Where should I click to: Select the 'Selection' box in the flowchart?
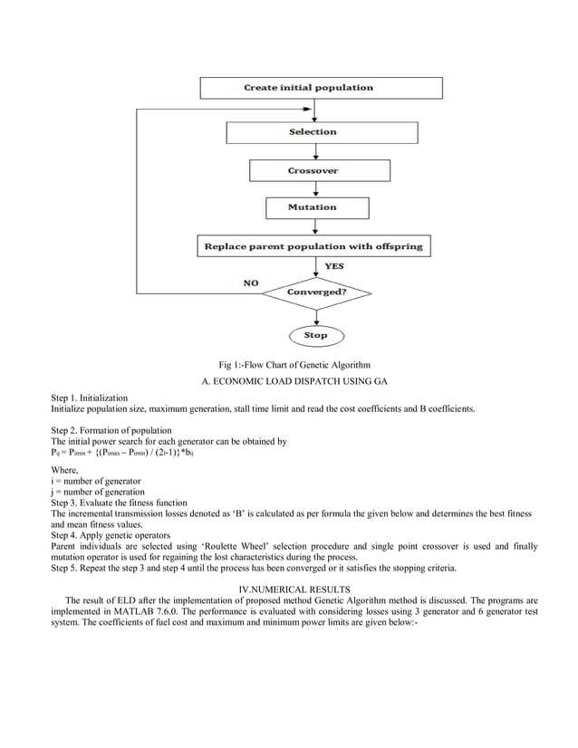click(x=312, y=132)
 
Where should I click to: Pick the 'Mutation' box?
click(x=312, y=207)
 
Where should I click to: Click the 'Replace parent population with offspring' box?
click(x=312, y=245)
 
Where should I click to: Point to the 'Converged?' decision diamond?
click(x=315, y=292)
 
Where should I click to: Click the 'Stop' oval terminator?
click(x=315, y=335)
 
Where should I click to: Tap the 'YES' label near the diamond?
click(x=334, y=266)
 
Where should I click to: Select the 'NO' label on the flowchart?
click(x=251, y=283)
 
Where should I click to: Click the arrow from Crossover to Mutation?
click(x=313, y=188)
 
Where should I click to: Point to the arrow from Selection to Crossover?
click(x=313, y=151)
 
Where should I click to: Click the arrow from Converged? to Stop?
click(x=314, y=315)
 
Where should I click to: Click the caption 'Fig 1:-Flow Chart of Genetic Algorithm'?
click(x=288, y=364)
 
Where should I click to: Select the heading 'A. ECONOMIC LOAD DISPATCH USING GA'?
click(x=288, y=381)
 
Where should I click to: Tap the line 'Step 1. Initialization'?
click(x=90, y=398)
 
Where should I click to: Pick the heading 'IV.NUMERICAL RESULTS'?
click(x=288, y=590)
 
